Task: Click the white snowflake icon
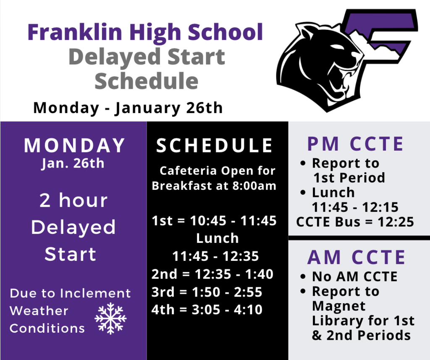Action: point(110,318)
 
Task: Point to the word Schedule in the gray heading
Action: point(146,80)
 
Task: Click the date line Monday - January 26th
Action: point(128,108)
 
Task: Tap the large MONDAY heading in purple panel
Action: point(74,145)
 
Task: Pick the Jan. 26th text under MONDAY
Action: point(73,163)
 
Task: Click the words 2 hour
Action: point(73,201)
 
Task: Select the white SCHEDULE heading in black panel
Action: point(215,145)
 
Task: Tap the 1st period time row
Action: point(214,220)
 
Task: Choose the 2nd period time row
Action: point(212,274)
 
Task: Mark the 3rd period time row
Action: point(207,292)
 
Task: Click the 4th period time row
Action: point(207,310)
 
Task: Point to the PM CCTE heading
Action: point(355,144)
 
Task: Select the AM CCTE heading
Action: point(357,258)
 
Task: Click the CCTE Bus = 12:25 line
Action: point(355,221)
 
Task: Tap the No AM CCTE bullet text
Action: point(354,276)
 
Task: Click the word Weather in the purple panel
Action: point(39,311)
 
